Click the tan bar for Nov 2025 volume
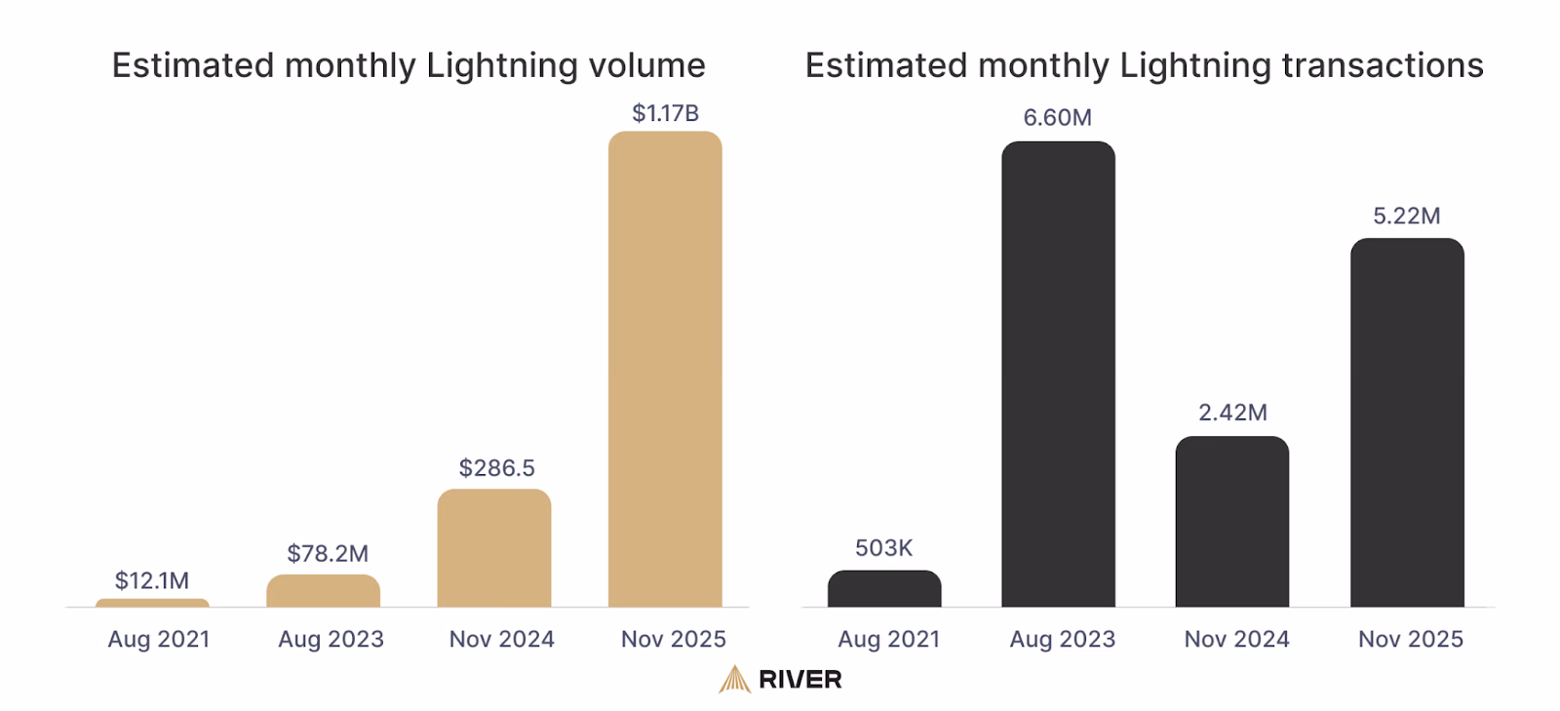pos(665,371)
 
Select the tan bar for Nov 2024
pos(494,548)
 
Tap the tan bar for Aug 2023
pos(323,591)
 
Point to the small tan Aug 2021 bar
pos(152,603)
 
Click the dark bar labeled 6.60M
pos(1058,375)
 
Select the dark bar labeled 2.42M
pos(1232,522)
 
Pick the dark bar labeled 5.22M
pos(1407,424)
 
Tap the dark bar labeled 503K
pos(884,589)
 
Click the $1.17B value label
pos(665,113)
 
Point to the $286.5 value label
pos(496,468)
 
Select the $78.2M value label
pos(328,554)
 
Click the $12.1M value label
pos(152,581)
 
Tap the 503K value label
pos(883,548)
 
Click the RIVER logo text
pos(799,680)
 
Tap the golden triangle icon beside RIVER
pos(734,680)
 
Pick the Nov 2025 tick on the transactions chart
pos(1410,640)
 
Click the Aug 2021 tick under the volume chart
pos(159,640)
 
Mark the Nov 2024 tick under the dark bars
pos(1236,640)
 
